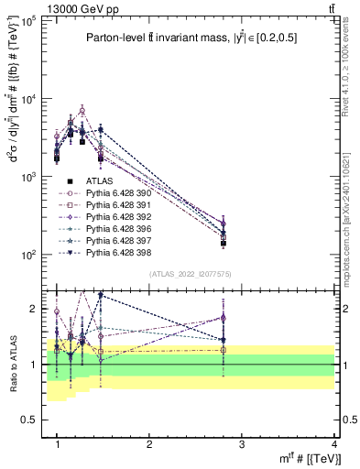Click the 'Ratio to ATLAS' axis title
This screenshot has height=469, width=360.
click(x=11, y=362)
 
